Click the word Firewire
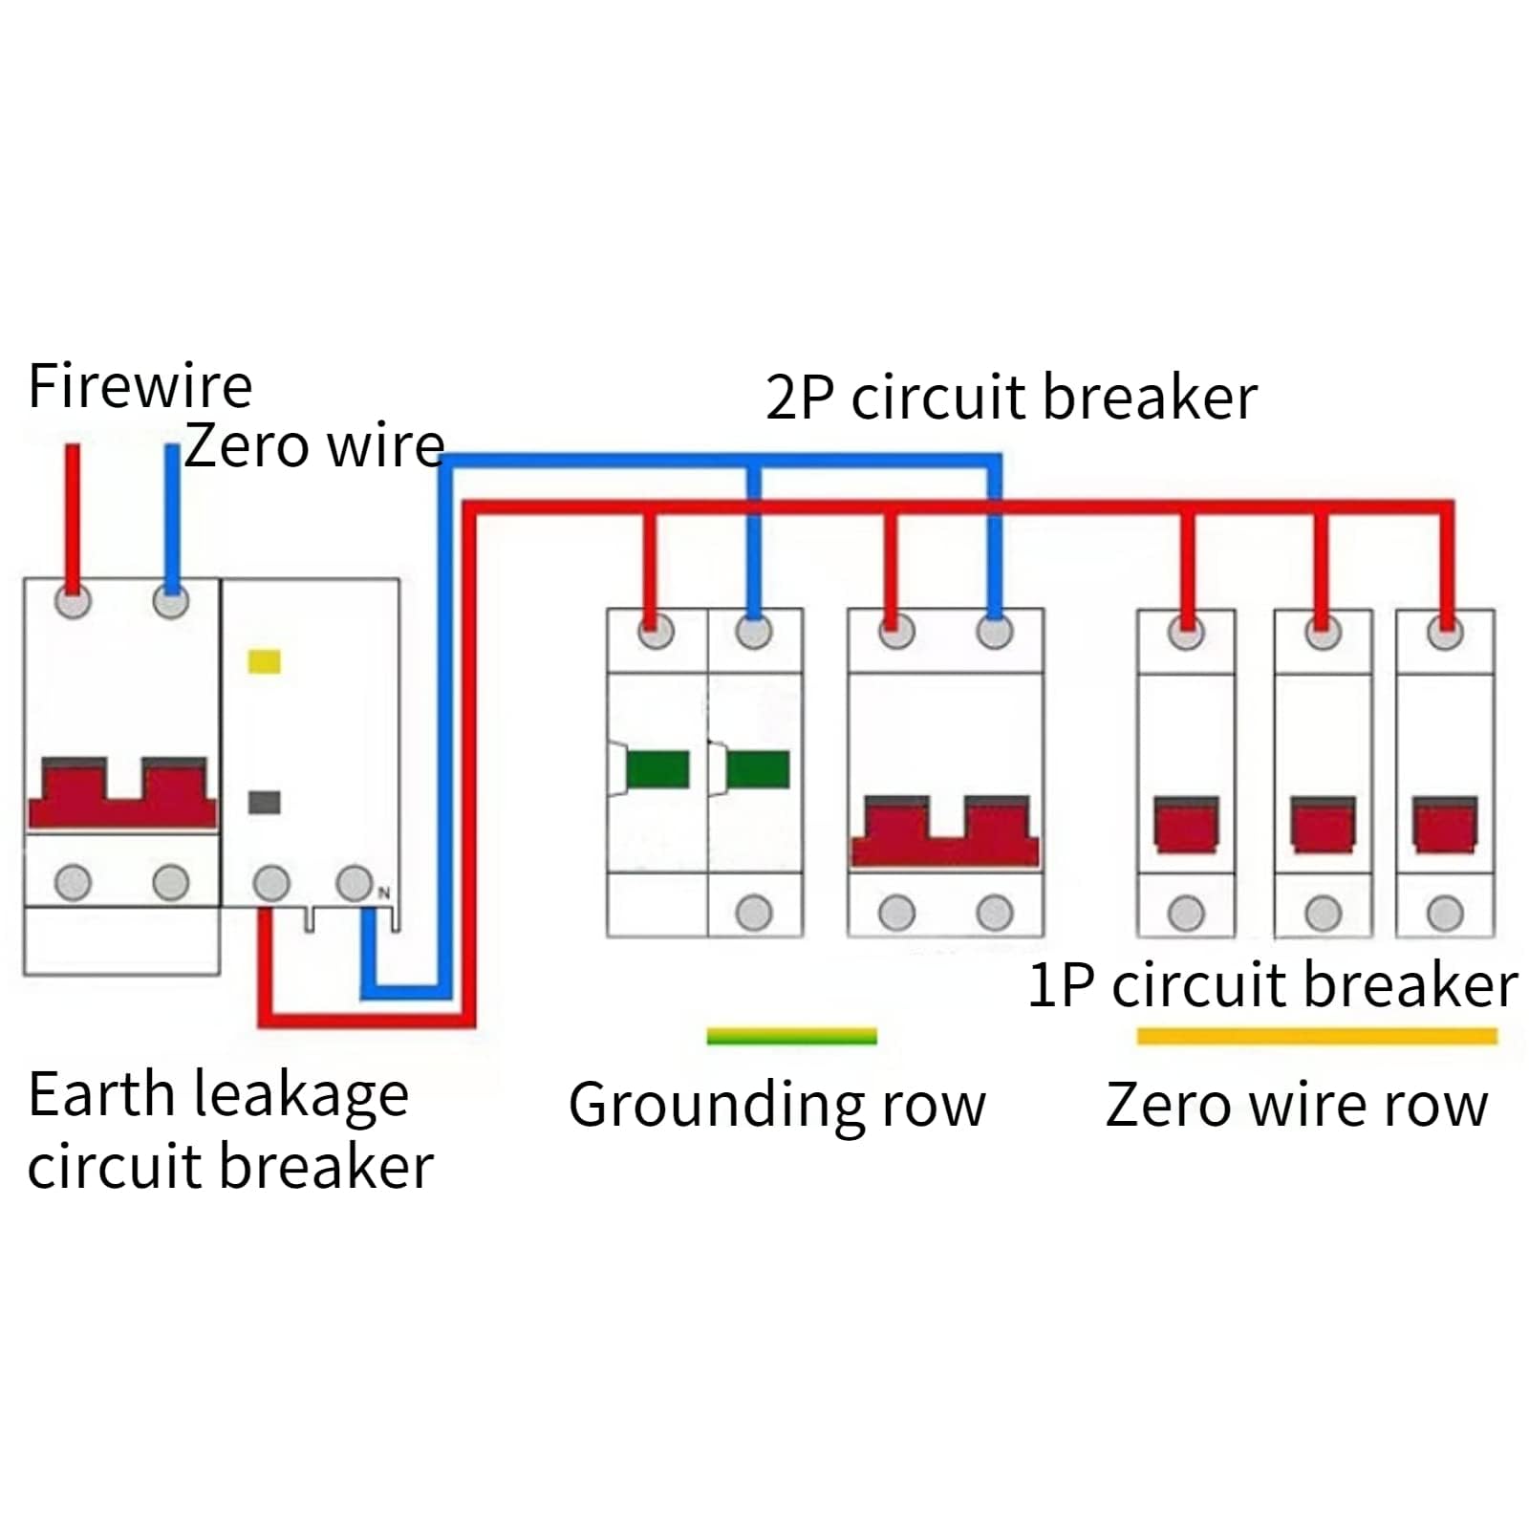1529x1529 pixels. [140, 386]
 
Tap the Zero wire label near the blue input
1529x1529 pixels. [314, 445]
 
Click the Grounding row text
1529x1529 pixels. [777, 1105]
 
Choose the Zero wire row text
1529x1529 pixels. [1297, 1105]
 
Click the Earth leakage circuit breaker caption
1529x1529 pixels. [229, 1130]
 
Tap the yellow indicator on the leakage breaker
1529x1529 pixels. [264, 661]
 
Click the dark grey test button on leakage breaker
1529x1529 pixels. [264, 802]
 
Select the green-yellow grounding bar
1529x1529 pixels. [791, 1036]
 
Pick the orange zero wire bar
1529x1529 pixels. [1316, 1036]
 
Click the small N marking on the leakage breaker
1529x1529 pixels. [384, 893]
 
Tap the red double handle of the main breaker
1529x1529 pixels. [122, 793]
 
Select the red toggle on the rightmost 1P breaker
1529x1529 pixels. [1444, 824]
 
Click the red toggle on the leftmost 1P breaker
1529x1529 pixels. [1186, 824]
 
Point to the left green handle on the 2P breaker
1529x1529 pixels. [657, 769]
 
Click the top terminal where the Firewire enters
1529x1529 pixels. [73, 602]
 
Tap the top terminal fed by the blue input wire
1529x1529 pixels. [170, 602]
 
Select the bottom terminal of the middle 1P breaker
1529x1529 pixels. [1323, 914]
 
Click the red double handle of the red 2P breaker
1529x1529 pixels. [944, 831]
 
